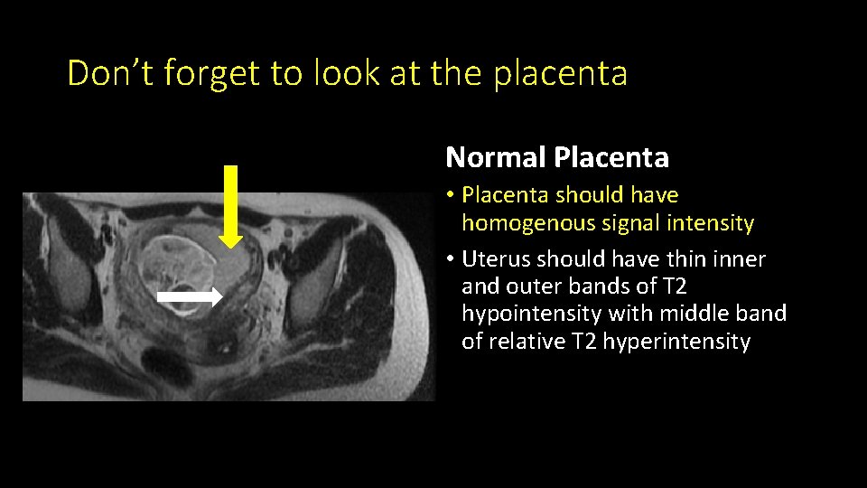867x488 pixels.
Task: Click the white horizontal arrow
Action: click(190, 296)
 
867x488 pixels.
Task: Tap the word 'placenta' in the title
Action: click(560, 73)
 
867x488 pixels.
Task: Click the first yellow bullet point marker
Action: click(451, 195)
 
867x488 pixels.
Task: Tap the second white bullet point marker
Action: click(451, 259)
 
